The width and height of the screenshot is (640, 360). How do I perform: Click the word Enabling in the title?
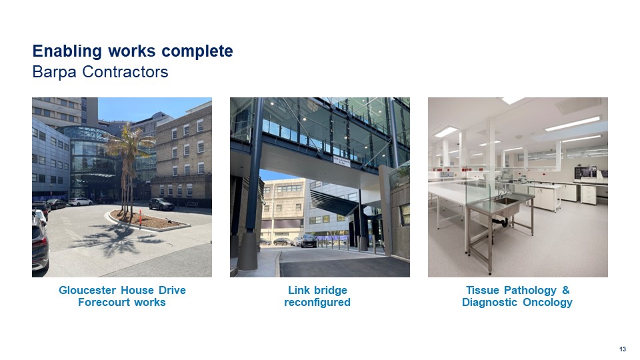[x=67, y=52]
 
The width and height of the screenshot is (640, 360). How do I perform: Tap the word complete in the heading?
[x=197, y=52]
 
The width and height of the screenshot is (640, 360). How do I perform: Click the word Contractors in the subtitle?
[x=125, y=72]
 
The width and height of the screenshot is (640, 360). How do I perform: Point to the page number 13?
[x=623, y=349]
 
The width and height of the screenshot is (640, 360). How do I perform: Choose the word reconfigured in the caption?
[x=317, y=303]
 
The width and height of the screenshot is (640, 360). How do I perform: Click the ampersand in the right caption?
[x=566, y=290]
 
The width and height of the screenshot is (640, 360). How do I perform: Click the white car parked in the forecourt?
[x=80, y=201]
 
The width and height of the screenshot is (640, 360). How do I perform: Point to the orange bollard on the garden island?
[x=141, y=217]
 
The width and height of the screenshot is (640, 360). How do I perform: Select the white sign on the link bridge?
[x=341, y=161]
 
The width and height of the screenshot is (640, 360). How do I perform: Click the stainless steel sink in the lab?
[x=507, y=201]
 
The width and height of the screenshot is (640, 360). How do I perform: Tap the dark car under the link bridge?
[x=309, y=241]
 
